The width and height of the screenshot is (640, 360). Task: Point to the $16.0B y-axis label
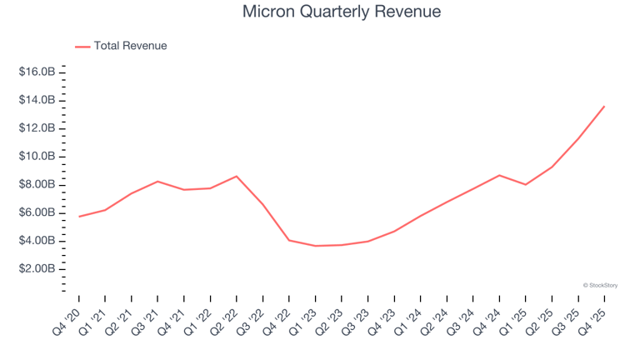tap(37, 72)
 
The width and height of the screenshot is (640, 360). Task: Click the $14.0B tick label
tap(37, 100)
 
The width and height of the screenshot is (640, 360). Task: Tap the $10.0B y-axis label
tap(37, 157)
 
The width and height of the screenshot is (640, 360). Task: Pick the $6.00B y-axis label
tap(37, 212)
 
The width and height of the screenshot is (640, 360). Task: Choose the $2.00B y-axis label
tap(37, 269)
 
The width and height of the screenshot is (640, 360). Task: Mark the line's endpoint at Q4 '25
tap(604, 106)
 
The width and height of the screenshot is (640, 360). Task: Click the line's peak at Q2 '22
tap(237, 176)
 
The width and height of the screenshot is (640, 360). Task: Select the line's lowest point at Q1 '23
tap(315, 246)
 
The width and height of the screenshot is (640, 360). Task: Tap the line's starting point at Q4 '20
tap(79, 217)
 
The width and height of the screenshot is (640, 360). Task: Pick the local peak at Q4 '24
tap(499, 175)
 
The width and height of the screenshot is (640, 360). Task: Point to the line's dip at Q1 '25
tap(525, 184)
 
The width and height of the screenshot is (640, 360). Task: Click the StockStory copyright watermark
tap(600, 285)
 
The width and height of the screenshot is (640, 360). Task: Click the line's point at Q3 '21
tap(157, 181)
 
